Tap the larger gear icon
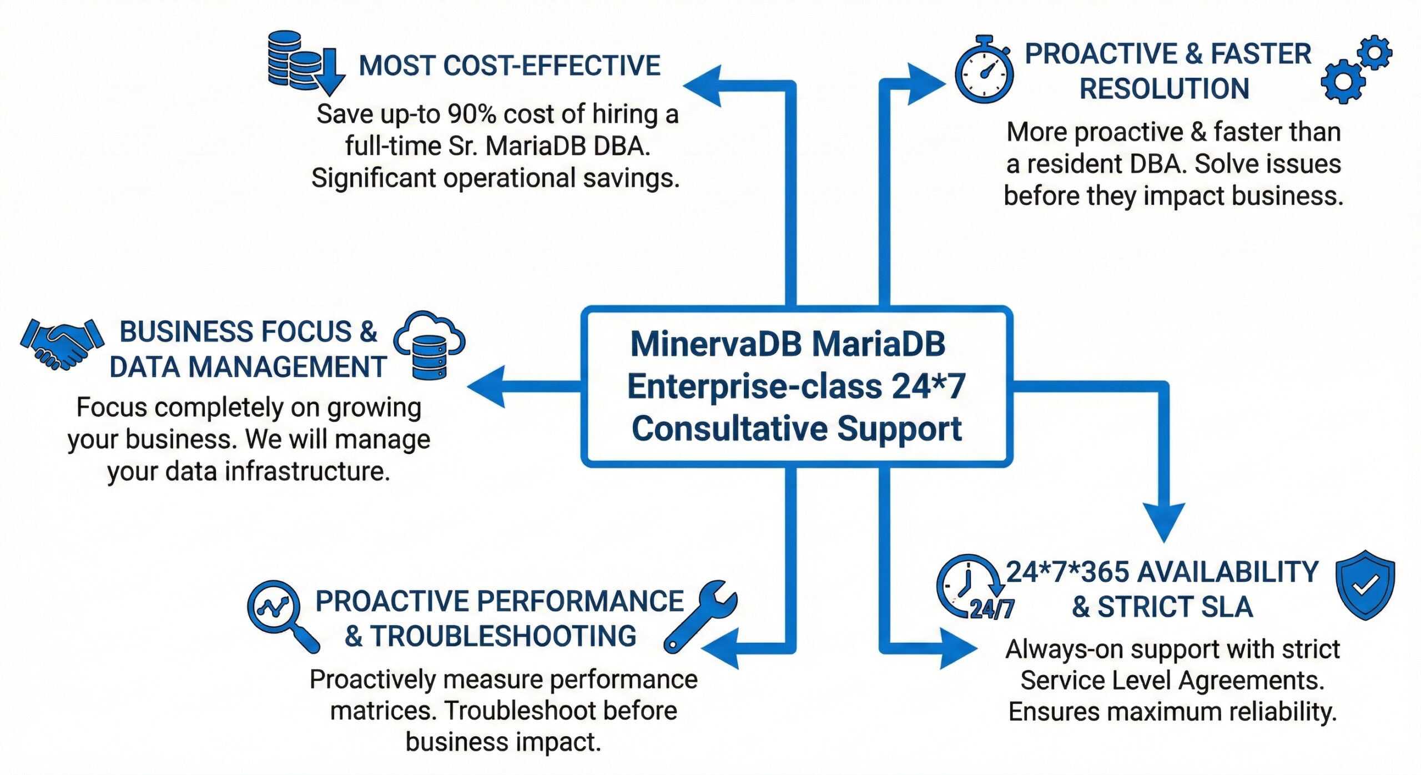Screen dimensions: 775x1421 pyautogui.click(x=1343, y=82)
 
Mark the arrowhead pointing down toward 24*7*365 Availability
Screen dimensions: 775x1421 pyautogui.click(x=1164, y=522)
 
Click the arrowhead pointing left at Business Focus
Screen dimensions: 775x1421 pyautogui.click(x=488, y=386)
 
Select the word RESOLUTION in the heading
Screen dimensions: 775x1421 pyautogui.click(x=1164, y=89)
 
